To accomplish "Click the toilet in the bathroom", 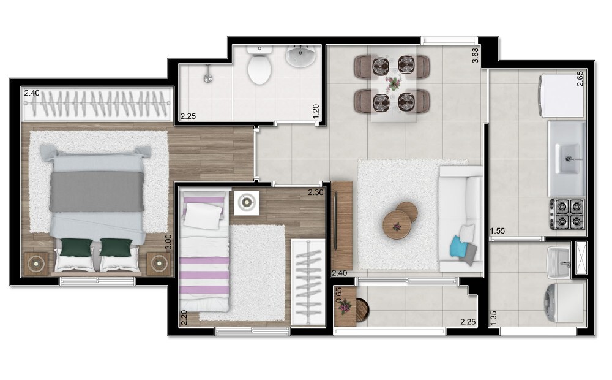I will [x=259, y=67].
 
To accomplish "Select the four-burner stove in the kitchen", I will [x=567, y=214].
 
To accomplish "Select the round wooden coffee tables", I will [x=400, y=219].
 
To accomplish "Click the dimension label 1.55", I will [x=498, y=230].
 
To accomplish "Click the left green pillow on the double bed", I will [x=76, y=247].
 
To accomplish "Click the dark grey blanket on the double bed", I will [x=97, y=191].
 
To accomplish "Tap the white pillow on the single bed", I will [x=203, y=216].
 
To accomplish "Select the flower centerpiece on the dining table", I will [x=392, y=82].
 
